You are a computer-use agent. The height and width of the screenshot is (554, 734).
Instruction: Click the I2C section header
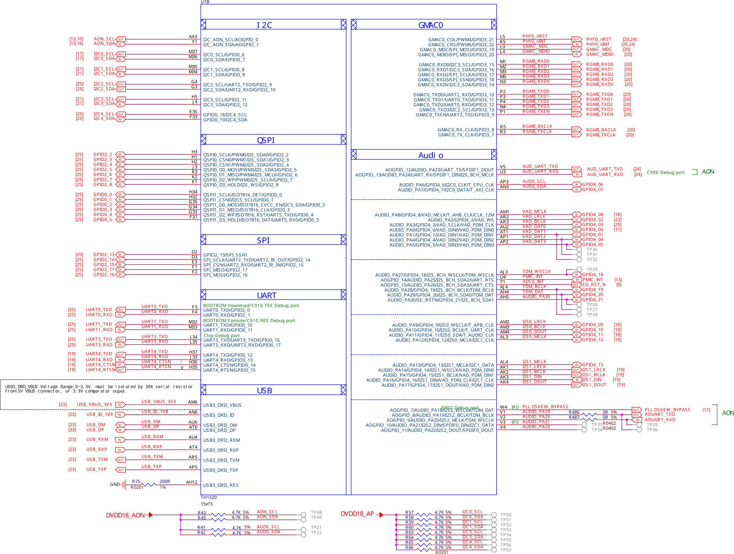point(264,25)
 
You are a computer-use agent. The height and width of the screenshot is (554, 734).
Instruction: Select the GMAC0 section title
point(430,25)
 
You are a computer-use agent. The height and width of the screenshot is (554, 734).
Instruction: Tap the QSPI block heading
point(266,140)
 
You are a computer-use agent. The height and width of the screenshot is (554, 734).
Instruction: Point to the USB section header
point(264,391)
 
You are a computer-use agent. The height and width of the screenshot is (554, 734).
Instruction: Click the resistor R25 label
point(136,481)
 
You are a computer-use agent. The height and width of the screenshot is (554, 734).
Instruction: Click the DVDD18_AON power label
point(125,515)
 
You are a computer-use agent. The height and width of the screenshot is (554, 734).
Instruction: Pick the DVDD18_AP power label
point(357,514)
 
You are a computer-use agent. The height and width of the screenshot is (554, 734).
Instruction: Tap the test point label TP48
point(316,512)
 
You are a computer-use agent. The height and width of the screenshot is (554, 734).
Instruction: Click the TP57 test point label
point(505,550)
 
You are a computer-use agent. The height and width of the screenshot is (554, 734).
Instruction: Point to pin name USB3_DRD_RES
point(221,485)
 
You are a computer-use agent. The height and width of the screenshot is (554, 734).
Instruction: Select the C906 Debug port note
point(665,172)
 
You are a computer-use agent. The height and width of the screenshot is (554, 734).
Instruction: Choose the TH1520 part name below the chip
point(208,497)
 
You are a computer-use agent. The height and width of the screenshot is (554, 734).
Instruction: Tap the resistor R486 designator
point(574,412)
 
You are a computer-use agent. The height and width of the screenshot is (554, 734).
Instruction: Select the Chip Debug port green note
point(221,336)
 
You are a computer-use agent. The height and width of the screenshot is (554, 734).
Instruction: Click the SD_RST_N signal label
point(594,285)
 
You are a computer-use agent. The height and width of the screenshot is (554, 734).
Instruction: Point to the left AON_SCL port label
point(104,39)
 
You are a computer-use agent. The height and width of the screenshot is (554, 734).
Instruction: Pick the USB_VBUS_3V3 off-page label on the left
point(94,405)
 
